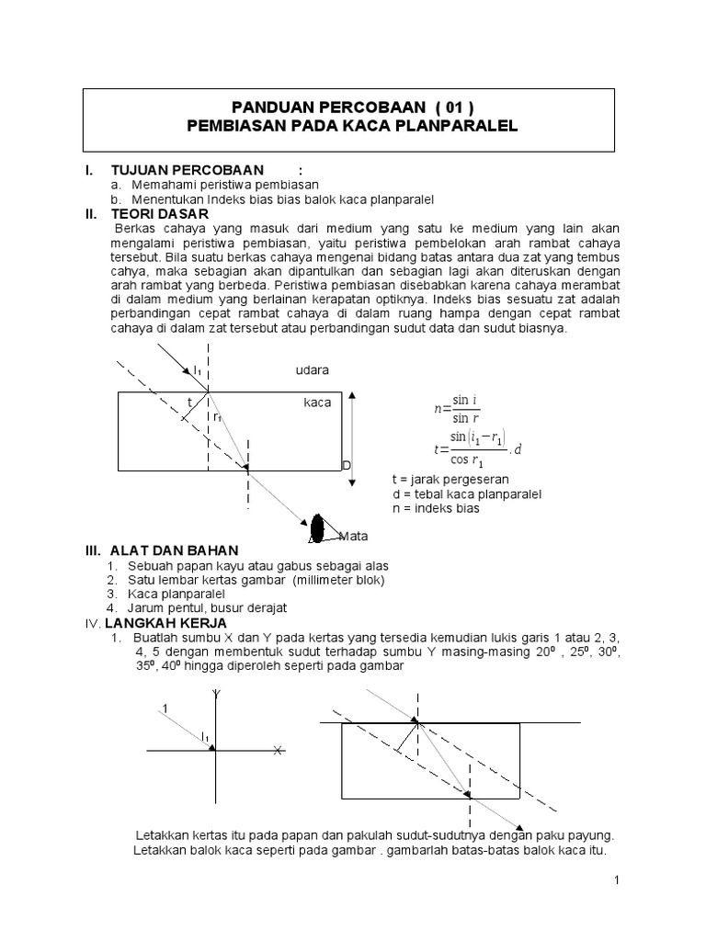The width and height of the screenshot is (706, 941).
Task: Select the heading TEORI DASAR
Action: [x=159, y=213]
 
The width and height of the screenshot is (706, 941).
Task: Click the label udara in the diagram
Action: [x=312, y=369]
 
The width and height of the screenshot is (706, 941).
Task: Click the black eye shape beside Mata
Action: [x=318, y=529]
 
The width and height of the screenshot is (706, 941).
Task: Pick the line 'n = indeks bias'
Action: [x=436, y=507]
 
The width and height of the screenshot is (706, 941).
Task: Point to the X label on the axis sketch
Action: [x=277, y=751]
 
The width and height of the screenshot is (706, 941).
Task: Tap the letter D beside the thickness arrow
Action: [x=347, y=467]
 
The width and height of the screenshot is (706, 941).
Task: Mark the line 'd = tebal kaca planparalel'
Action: [x=466, y=493]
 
